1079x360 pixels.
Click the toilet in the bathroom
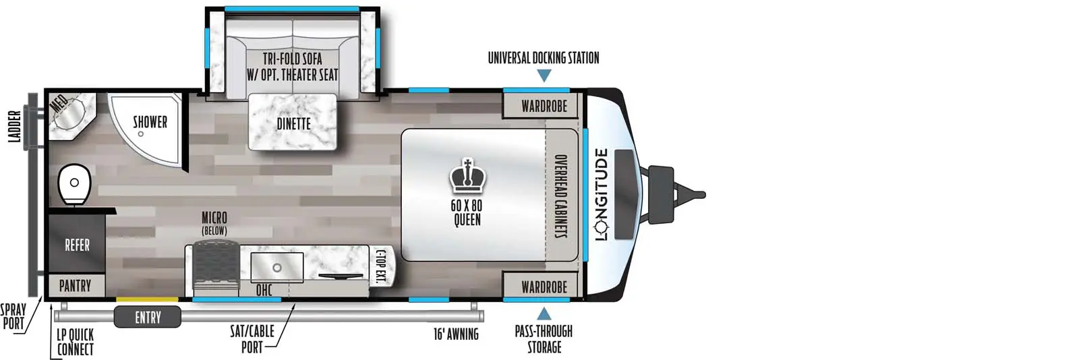(x=74, y=183)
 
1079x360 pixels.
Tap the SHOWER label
(x=150, y=122)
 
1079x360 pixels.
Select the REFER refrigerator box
(x=77, y=245)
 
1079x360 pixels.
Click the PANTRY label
(x=75, y=286)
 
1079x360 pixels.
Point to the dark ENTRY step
(x=148, y=317)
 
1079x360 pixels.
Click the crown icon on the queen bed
(x=467, y=177)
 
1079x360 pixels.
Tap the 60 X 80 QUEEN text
(x=467, y=212)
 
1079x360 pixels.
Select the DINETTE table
(x=293, y=123)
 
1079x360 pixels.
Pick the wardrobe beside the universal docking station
(x=544, y=106)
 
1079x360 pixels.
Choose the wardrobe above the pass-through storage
(x=544, y=287)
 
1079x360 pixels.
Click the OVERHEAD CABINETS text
(x=560, y=196)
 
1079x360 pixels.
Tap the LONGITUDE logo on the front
(x=602, y=194)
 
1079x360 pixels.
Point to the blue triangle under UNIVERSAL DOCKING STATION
(x=544, y=76)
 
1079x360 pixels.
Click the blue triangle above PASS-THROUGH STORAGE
(x=544, y=313)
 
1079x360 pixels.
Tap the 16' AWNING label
(x=456, y=334)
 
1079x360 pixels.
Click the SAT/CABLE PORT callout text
(x=252, y=338)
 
